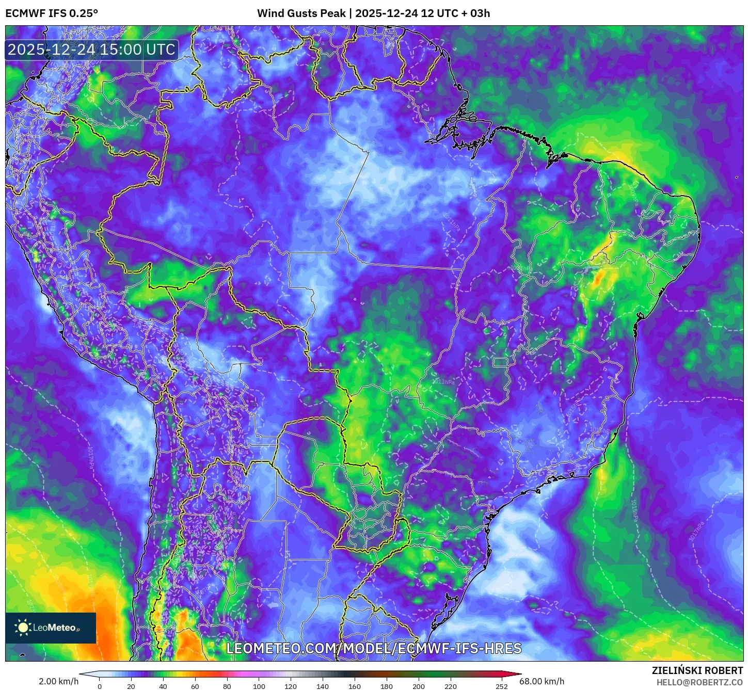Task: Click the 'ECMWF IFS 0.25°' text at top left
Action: coord(52,13)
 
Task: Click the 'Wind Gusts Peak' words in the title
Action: coord(301,13)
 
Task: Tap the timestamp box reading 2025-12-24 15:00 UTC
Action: coord(91,50)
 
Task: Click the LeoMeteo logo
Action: coord(51,628)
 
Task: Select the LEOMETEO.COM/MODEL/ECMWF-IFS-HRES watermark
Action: coord(374,648)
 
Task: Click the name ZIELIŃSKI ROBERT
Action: coord(697,670)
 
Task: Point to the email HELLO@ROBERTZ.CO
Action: coord(699,682)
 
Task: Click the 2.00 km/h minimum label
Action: coord(58,681)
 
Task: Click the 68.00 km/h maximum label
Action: coord(542,681)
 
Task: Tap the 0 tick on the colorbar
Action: coord(100,686)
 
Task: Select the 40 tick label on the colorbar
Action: coord(163,686)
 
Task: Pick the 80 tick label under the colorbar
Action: coord(227,686)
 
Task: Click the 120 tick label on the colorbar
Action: coord(291,686)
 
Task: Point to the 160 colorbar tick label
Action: coord(355,686)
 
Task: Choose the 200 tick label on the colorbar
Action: coord(419,686)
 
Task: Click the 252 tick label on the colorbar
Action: coord(502,686)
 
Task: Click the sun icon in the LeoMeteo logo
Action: coord(23,628)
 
